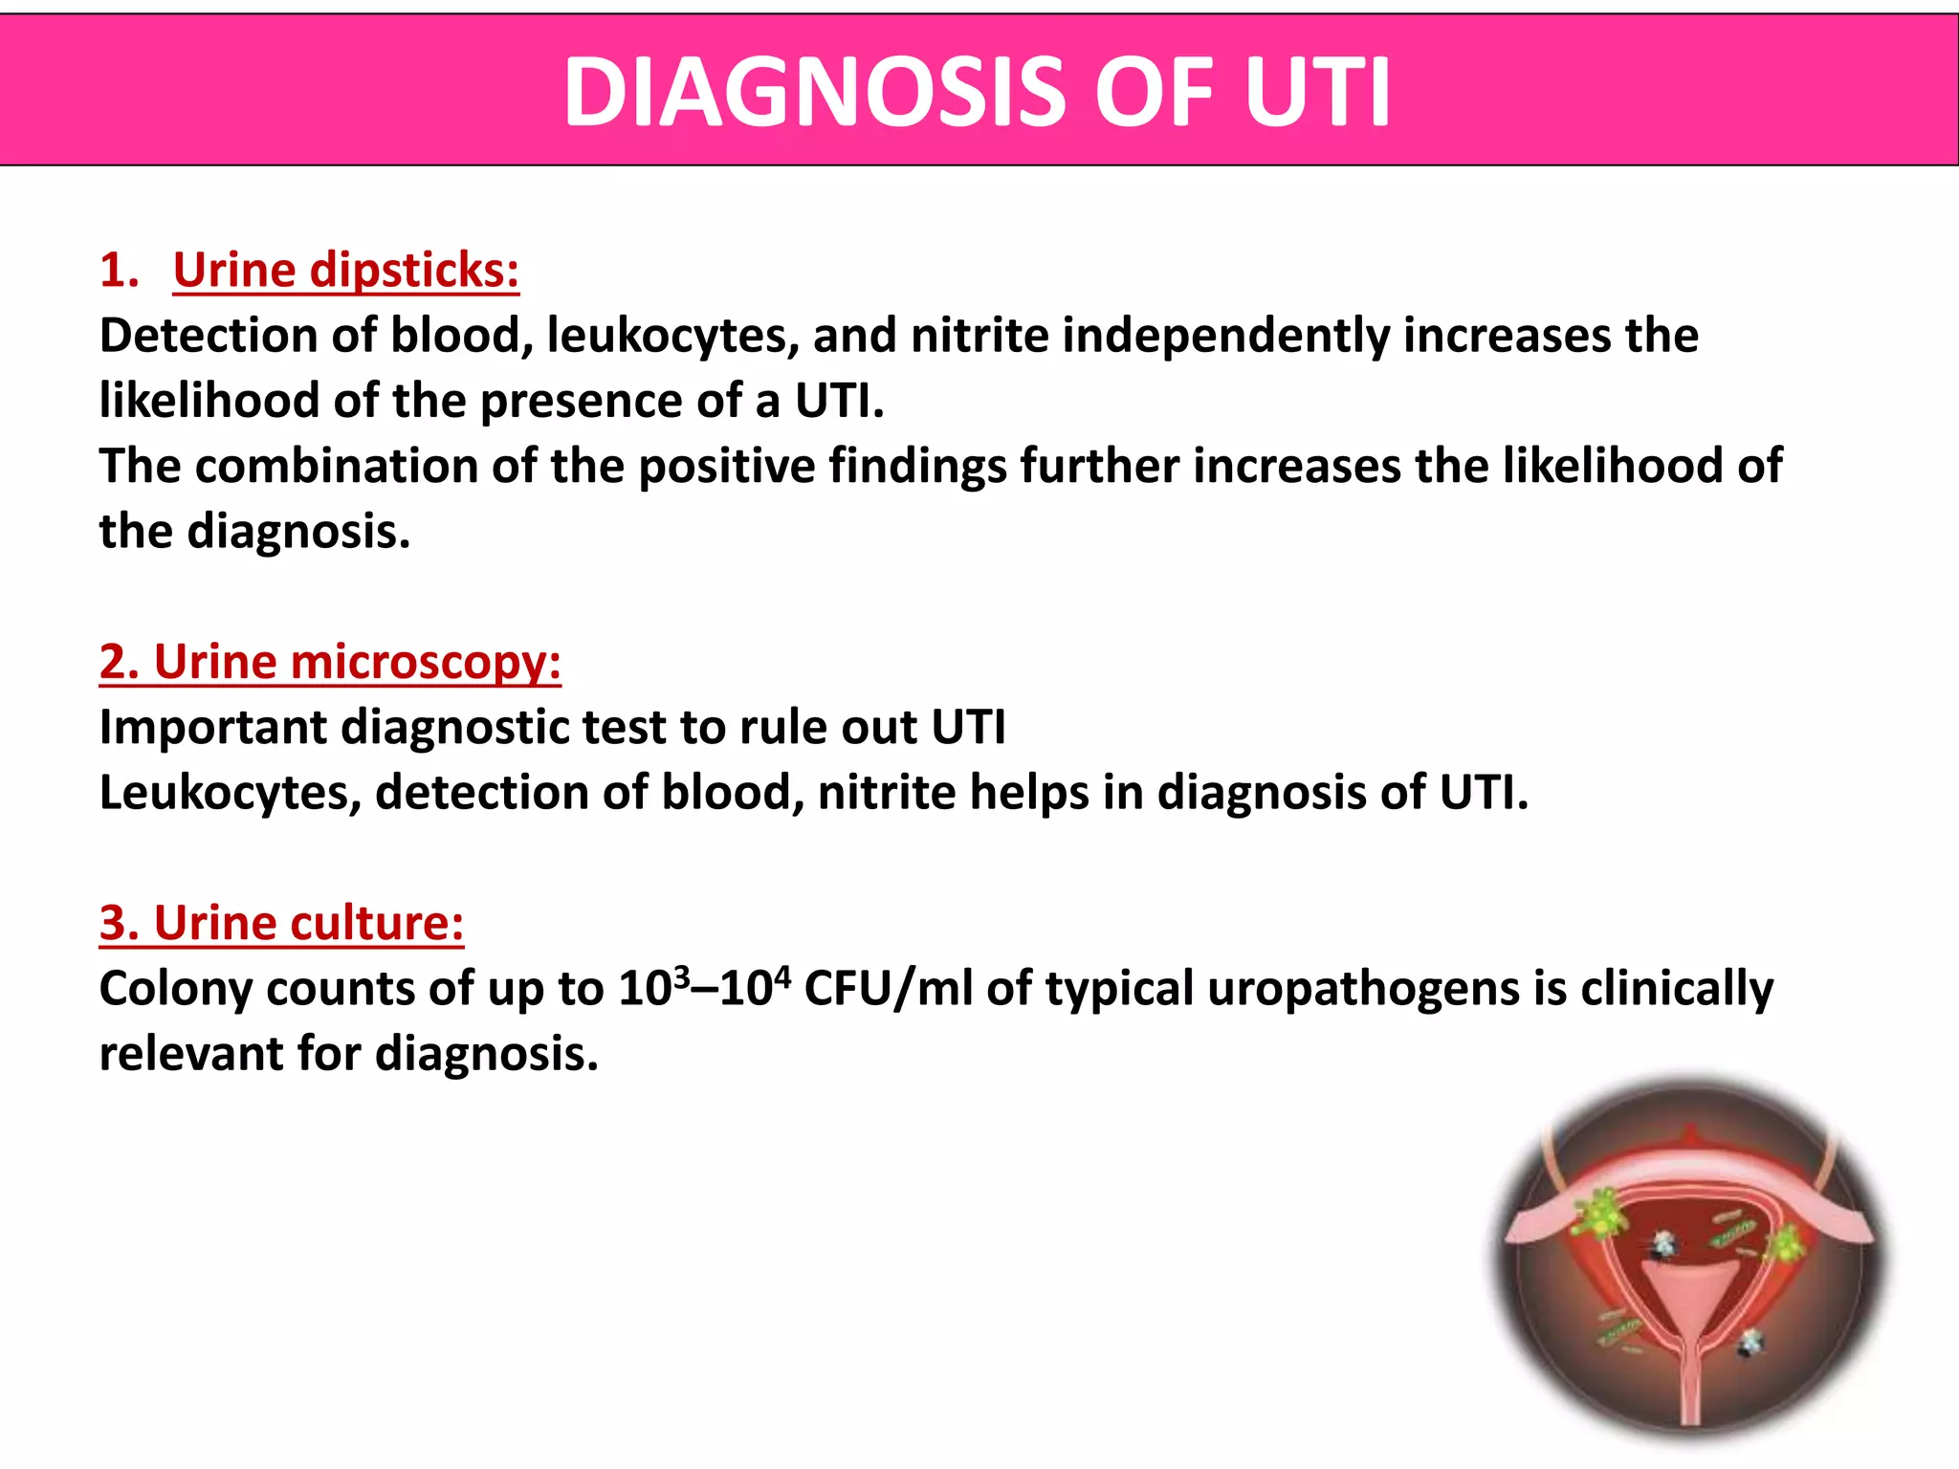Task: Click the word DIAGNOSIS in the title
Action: [x=814, y=93]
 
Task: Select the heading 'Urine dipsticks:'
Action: [x=346, y=271]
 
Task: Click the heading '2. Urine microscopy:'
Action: [x=330, y=662]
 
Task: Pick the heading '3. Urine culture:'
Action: [x=281, y=923]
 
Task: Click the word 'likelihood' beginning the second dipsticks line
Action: [x=209, y=401]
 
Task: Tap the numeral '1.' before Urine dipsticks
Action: [x=119, y=271]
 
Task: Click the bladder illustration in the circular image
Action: [x=1690, y=1262]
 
